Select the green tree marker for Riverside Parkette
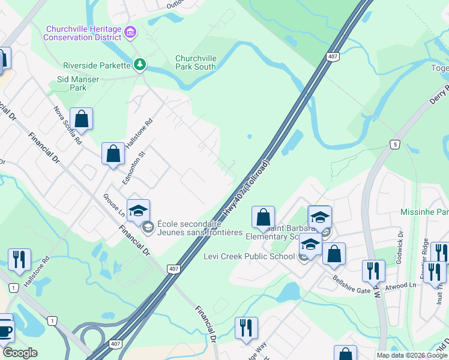pos(140,64)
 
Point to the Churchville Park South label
pos(196,62)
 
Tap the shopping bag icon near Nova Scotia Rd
pos(82,119)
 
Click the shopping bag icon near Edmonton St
pos(113,154)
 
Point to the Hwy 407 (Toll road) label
pos(246,188)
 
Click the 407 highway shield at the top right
pos(332,56)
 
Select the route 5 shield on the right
pos(394,145)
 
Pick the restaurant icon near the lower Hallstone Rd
pos(19,260)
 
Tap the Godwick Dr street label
pos(400,250)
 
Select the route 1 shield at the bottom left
pos(53,322)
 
